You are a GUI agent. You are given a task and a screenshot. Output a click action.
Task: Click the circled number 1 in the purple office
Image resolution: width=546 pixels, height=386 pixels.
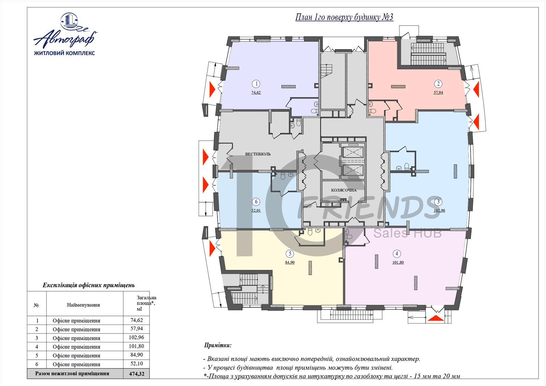pyautogui.click(x=256, y=84)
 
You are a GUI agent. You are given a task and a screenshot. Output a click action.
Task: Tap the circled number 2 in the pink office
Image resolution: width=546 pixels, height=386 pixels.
pyautogui.click(x=438, y=84)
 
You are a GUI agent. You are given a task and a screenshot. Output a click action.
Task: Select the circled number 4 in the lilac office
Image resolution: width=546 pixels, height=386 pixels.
pyautogui.click(x=397, y=254)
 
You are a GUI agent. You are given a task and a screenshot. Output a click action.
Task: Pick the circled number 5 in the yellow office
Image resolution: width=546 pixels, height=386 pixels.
pyautogui.click(x=290, y=254)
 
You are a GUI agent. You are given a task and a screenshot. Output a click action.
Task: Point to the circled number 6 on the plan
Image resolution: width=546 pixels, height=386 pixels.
pyautogui.click(x=256, y=202)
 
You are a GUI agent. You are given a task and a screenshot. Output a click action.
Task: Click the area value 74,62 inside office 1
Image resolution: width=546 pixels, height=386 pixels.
pyautogui.click(x=256, y=92)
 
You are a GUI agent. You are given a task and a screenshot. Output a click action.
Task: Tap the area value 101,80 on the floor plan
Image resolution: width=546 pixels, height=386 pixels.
pyautogui.click(x=398, y=262)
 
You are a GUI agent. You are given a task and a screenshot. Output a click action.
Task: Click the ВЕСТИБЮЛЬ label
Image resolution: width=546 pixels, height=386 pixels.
pyautogui.click(x=258, y=154)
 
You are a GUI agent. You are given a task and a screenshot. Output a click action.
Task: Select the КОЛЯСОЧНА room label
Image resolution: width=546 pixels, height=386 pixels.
pyautogui.click(x=344, y=190)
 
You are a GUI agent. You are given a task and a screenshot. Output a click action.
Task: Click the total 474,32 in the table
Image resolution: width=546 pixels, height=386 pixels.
pyautogui.click(x=137, y=374)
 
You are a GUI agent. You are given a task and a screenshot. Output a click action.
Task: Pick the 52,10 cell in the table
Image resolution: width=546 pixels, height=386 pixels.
pyautogui.click(x=137, y=363)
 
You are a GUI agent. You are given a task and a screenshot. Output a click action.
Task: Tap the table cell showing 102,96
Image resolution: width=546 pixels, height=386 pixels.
pyautogui.click(x=136, y=338)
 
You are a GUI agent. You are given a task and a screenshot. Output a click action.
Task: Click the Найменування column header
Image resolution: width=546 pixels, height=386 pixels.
pyautogui.click(x=83, y=305)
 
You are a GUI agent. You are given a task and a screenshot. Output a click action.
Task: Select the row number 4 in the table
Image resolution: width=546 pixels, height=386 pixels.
pyautogui.click(x=37, y=347)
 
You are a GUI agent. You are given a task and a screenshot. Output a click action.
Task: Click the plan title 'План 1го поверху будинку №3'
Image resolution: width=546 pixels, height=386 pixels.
pyautogui.click(x=344, y=17)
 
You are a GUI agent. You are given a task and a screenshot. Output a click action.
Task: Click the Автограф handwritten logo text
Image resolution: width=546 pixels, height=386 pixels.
pyautogui.click(x=65, y=38)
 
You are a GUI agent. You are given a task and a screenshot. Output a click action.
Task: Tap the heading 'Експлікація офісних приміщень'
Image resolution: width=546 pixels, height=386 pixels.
pyautogui.click(x=89, y=285)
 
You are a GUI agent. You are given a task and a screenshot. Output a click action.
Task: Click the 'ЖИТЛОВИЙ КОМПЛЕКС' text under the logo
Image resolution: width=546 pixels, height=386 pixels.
pyautogui.click(x=64, y=53)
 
